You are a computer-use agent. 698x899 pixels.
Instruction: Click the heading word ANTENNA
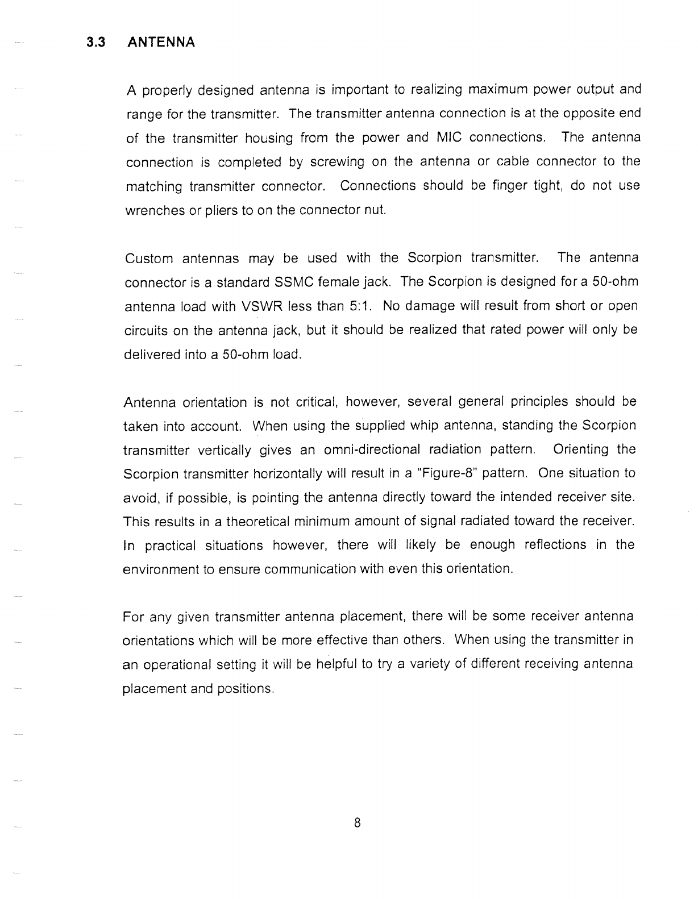(x=161, y=43)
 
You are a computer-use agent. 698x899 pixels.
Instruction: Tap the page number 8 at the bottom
(x=357, y=822)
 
